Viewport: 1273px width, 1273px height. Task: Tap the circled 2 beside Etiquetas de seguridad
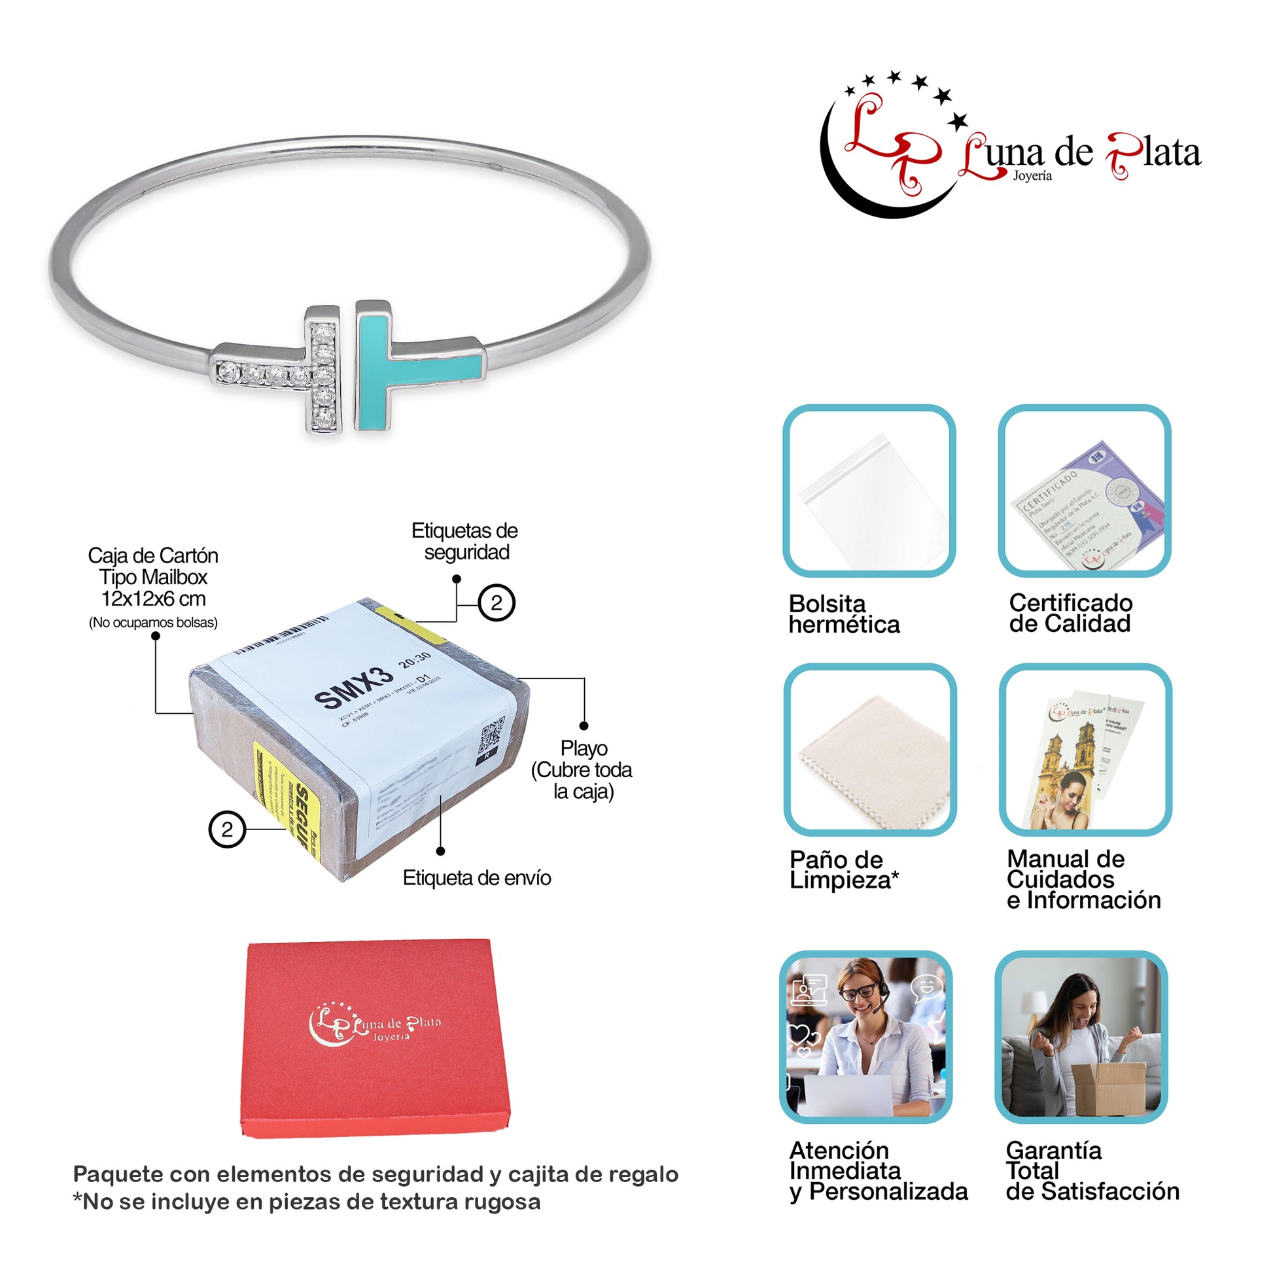pos(496,603)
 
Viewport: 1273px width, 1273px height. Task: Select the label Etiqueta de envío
pos(476,879)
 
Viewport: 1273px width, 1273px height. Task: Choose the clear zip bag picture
pos(869,491)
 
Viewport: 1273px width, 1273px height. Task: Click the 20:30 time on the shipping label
pos(415,659)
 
